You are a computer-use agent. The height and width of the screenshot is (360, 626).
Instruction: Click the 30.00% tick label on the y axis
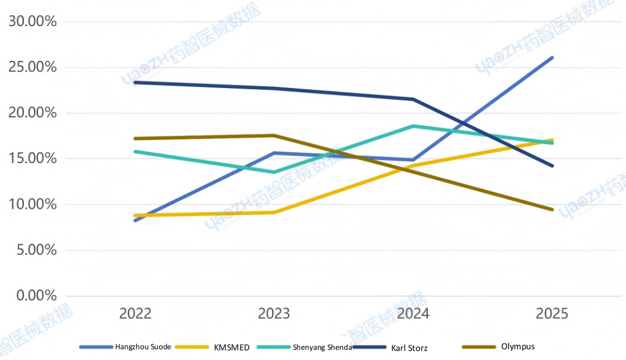click(x=32, y=22)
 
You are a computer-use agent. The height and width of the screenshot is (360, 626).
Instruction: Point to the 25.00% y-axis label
click(x=32, y=68)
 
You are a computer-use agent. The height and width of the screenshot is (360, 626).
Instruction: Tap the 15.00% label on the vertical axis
click(x=32, y=159)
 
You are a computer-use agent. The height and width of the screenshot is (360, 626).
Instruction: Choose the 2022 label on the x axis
click(x=135, y=314)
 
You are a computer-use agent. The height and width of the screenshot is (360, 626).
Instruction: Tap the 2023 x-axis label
click(x=274, y=314)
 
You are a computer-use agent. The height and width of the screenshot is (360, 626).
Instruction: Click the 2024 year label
click(x=413, y=314)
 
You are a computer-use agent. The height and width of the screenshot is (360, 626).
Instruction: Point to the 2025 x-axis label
click(x=551, y=314)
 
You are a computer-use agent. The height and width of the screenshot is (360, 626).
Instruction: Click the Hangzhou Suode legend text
click(x=143, y=347)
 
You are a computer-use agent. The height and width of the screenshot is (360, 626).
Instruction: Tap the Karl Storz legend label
click(x=409, y=348)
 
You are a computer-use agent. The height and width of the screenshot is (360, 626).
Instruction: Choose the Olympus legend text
click(x=518, y=346)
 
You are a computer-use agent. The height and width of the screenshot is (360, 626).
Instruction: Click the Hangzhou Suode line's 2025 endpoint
click(x=552, y=58)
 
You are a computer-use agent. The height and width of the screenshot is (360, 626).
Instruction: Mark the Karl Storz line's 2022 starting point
click(x=135, y=82)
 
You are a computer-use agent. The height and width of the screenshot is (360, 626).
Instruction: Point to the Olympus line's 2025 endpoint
click(x=552, y=209)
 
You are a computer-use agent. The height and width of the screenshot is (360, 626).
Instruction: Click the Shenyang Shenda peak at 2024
click(x=413, y=126)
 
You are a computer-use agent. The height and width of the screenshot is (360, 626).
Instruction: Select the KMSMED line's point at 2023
click(x=274, y=212)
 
